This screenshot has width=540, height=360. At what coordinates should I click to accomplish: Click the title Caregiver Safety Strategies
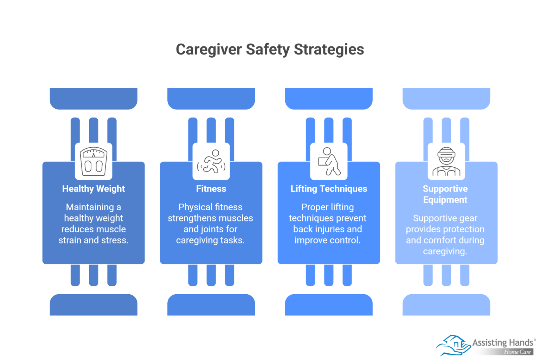point(270,50)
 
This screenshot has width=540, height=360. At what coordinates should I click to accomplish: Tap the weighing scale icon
point(94,161)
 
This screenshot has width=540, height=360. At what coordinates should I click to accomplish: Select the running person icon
point(211,161)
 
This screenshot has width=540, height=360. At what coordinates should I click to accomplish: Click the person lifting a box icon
point(329,161)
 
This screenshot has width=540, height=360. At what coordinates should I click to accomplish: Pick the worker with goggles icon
point(446,161)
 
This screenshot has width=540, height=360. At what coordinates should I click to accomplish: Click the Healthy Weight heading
point(94,189)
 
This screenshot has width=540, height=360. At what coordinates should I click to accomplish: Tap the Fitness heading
point(211,188)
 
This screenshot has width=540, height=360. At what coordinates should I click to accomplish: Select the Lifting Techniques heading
point(329,189)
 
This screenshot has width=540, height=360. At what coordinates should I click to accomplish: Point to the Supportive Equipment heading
point(445,194)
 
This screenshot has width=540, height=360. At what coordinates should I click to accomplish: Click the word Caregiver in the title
point(209,50)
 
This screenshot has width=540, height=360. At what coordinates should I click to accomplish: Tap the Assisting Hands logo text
point(503,342)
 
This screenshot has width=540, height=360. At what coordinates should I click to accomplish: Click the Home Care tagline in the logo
point(517,352)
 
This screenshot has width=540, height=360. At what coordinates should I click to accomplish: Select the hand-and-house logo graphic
point(453,345)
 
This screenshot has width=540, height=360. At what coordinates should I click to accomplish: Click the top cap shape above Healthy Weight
point(94,99)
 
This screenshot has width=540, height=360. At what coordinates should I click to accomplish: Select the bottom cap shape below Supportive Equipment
point(446,304)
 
